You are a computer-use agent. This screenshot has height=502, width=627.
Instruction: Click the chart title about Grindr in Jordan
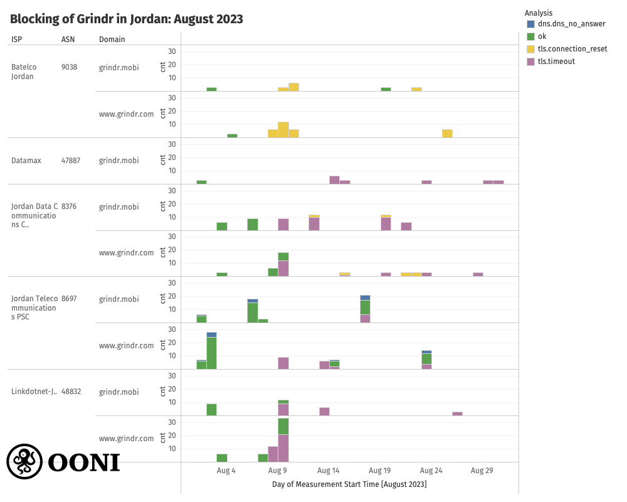(126, 19)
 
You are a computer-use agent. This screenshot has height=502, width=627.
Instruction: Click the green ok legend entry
(542, 36)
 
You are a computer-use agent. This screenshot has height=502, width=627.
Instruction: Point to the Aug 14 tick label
(329, 471)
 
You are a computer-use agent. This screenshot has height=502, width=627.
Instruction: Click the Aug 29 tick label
(482, 471)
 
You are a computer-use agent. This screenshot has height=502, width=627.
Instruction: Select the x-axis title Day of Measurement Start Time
(349, 484)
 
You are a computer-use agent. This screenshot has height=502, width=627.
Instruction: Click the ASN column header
(68, 40)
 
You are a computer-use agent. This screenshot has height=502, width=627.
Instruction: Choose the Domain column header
(112, 40)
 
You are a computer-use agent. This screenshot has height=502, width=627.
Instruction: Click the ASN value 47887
(71, 161)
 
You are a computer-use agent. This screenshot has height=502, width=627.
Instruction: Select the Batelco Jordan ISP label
(23, 72)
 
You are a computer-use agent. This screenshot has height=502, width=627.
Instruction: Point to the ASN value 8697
(69, 299)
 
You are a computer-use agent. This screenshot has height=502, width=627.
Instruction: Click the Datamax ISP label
(26, 161)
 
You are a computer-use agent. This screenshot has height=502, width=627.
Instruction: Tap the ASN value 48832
(71, 392)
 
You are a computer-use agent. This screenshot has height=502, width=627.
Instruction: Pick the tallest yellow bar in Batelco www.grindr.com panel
(283, 130)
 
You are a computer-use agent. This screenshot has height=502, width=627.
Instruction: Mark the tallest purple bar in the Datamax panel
(334, 180)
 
